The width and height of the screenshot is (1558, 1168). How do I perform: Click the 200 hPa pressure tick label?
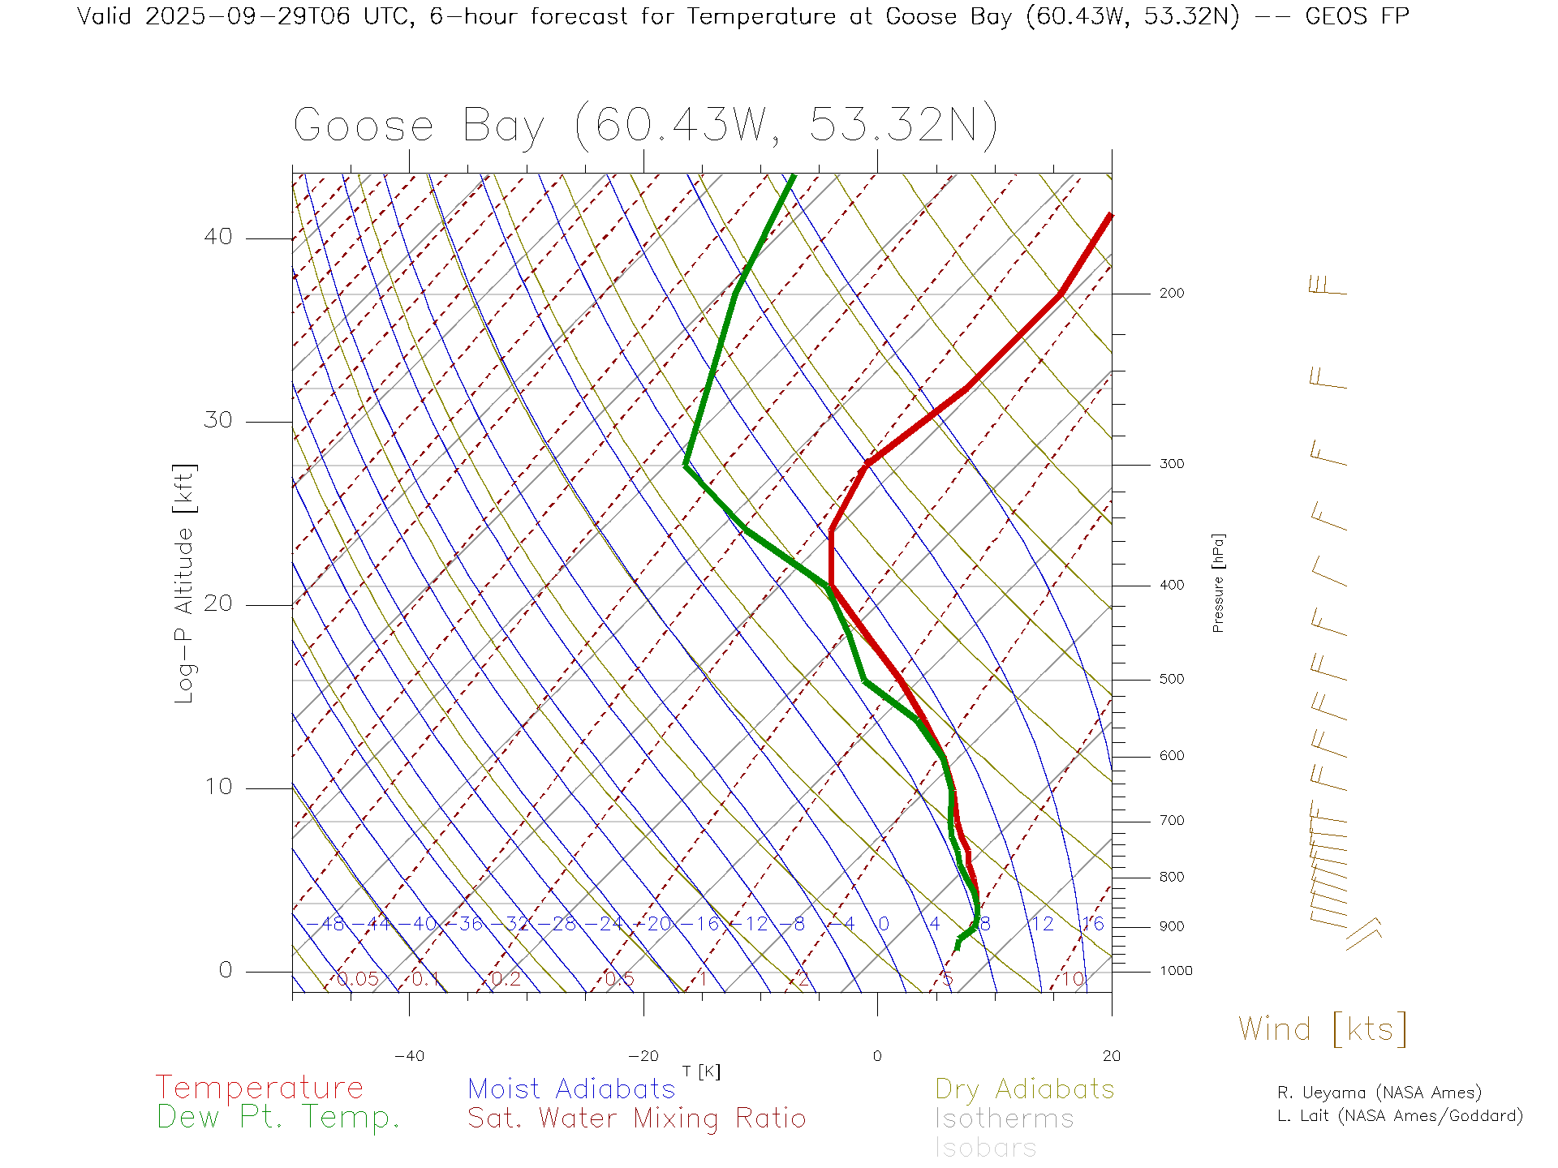[x=1172, y=294]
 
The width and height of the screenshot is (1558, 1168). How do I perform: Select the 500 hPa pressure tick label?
[x=1172, y=680]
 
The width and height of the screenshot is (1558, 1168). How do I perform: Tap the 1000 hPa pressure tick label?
[x=1176, y=971]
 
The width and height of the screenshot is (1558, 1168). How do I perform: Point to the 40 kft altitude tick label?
[x=217, y=237]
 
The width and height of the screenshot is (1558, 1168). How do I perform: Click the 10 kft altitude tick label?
[x=217, y=787]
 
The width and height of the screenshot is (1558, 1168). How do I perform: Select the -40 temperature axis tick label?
[x=409, y=1056]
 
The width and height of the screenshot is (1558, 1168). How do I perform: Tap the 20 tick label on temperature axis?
[x=1111, y=1056]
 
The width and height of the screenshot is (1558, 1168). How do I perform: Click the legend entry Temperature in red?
[x=260, y=1088]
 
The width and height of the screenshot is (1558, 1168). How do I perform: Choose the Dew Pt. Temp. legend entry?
[x=278, y=1118]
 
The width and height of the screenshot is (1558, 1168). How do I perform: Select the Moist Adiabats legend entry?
[x=572, y=1089]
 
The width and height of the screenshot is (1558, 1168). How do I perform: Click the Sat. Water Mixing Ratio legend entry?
[x=637, y=1119]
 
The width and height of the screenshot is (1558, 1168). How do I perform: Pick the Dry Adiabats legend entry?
[x=1025, y=1089]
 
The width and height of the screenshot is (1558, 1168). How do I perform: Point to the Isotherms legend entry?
[x=1005, y=1119]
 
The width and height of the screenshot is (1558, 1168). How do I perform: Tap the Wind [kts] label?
[x=1323, y=1029]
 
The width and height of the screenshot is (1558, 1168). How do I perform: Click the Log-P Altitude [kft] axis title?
[x=184, y=584]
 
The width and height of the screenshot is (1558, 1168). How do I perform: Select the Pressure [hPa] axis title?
[x=1218, y=583]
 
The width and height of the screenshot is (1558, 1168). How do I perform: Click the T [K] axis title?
[x=701, y=1071]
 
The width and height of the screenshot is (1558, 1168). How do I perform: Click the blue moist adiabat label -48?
[x=332, y=924]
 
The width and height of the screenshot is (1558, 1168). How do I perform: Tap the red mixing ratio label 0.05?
[x=358, y=979]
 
